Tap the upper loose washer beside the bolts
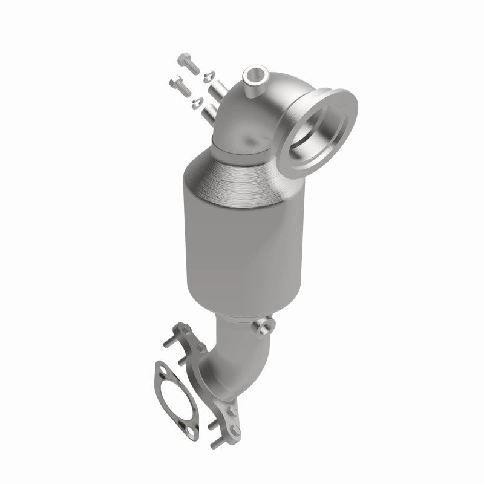(x=208, y=76)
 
